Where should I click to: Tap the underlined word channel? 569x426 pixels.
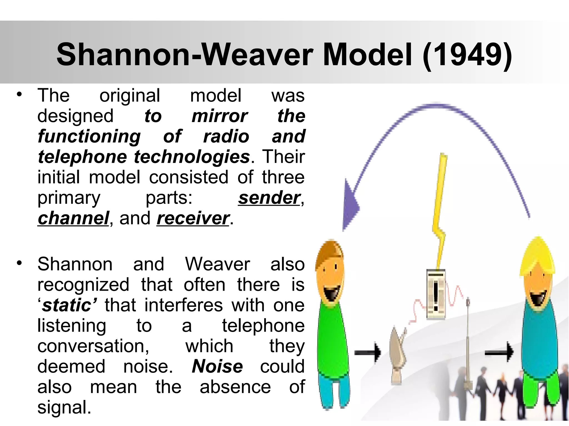click(73, 218)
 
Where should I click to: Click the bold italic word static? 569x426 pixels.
click(67, 305)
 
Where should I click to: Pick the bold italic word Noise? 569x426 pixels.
click(217, 367)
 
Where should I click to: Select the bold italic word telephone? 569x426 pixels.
click(82, 157)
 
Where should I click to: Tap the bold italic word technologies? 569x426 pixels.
click(192, 157)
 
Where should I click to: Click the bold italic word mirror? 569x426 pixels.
click(219, 116)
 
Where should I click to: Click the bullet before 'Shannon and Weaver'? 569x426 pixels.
click(19, 263)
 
